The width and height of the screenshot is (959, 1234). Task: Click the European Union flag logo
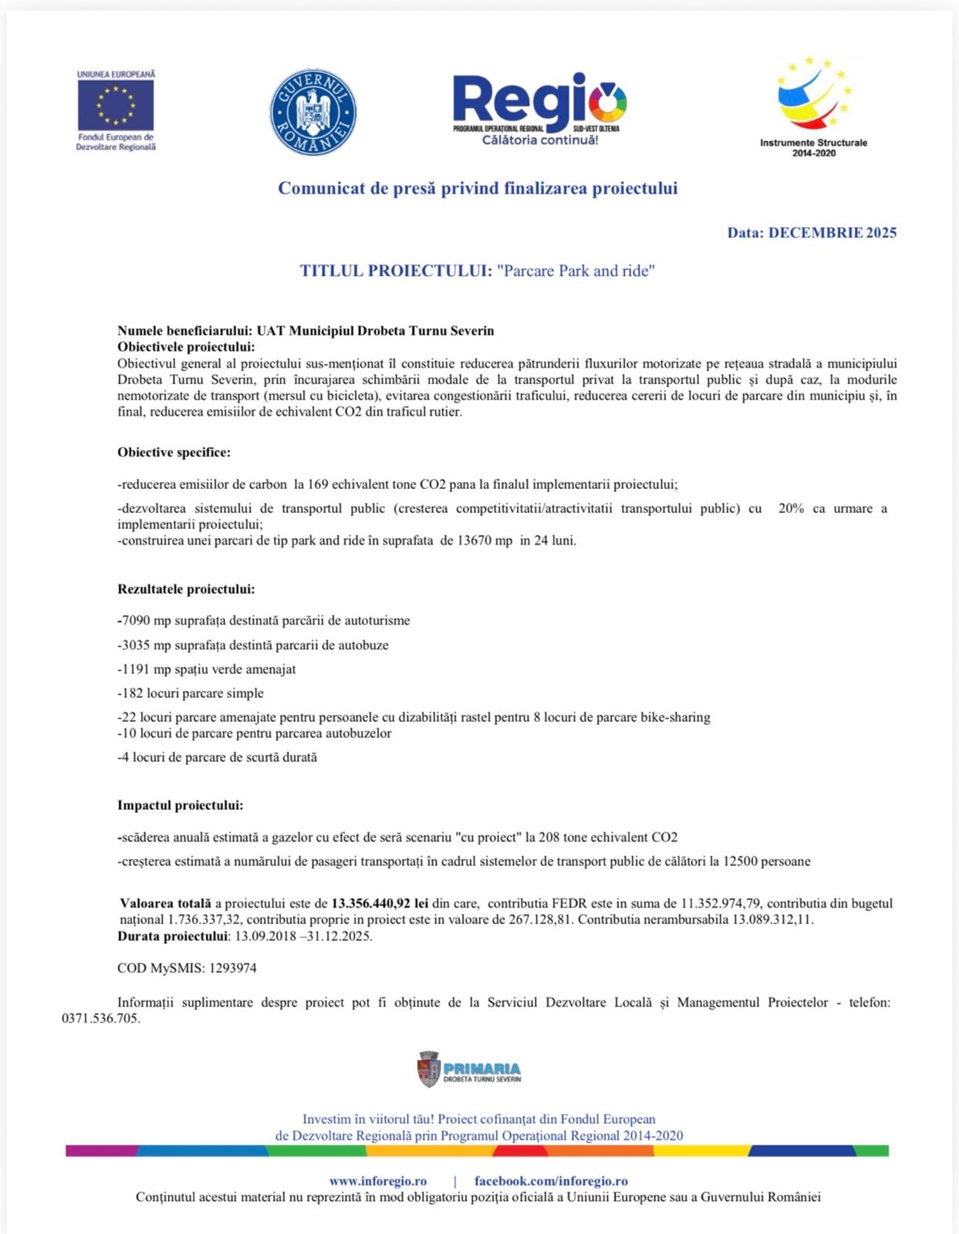pyautogui.click(x=116, y=105)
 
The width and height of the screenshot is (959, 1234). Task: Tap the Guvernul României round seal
pyautogui.click(x=312, y=111)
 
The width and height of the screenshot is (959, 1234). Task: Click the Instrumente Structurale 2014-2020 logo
pyautogui.click(x=813, y=106)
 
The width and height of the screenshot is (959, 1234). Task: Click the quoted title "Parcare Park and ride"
pyautogui.click(x=576, y=271)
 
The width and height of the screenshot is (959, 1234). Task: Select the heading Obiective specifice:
pyautogui.click(x=174, y=453)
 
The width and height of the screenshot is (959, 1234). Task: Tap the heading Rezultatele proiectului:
pyautogui.click(x=186, y=589)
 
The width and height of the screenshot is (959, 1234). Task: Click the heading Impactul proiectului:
pyautogui.click(x=180, y=805)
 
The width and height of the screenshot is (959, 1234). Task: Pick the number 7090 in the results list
pyautogui.click(x=136, y=621)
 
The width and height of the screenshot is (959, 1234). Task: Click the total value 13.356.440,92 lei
pyautogui.click(x=380, y=903)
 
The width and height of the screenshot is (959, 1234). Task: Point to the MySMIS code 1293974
pyautogui.click(x=233, y=968)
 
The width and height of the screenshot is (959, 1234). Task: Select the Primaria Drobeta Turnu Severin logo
pyautogui.click(x=469, y=1070)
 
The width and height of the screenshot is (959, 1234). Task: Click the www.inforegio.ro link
pyautogui.click(x=377, y=1181)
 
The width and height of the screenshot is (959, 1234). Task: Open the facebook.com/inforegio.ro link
pyautogui.click(x=551, y=1181)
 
